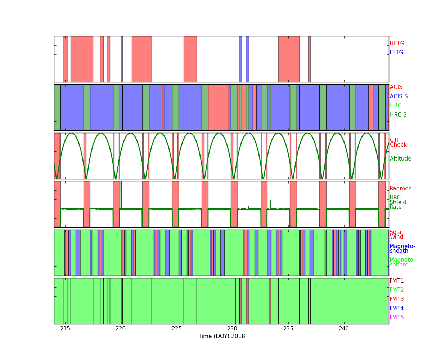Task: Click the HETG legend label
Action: pyautogui.click(x=397, y=44)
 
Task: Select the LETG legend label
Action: pyautogui.click(x=396, y=52)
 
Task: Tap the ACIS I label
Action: pyautogui.click(x=398, y=87)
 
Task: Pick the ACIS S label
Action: pyautogui.click(x=399, y=96)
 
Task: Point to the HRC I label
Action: pyautogui.click(x=397, y=105)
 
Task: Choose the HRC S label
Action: pyautogui.click(x=398, y=114)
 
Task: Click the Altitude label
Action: pyautogui.click(x=400, y=159)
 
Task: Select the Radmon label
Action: pyautogui.click(x=401, y=189)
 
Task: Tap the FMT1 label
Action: pyautogui.click(x=396, y=280)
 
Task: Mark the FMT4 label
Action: pyautogui.click(x=396, y=308)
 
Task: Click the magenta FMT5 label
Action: pyautogui.click(x=396, y=317)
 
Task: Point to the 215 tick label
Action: pyautogui.click(x=65, y=329)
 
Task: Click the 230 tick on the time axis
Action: pyautogui.click(x=233, y=329)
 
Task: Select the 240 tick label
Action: pyautogui.click(x=344, y=329)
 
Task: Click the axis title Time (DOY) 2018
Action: pyautogui.click(x=222, y=336)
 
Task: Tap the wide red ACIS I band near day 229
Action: pyautogui.click(x=219, y=107)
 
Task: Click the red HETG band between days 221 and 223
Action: pyautogui.click(x=142, y=59)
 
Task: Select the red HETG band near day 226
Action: pyautogui.click(x=190, y=59)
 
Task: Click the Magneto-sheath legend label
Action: pyautogui.click(x=402, y=248)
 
